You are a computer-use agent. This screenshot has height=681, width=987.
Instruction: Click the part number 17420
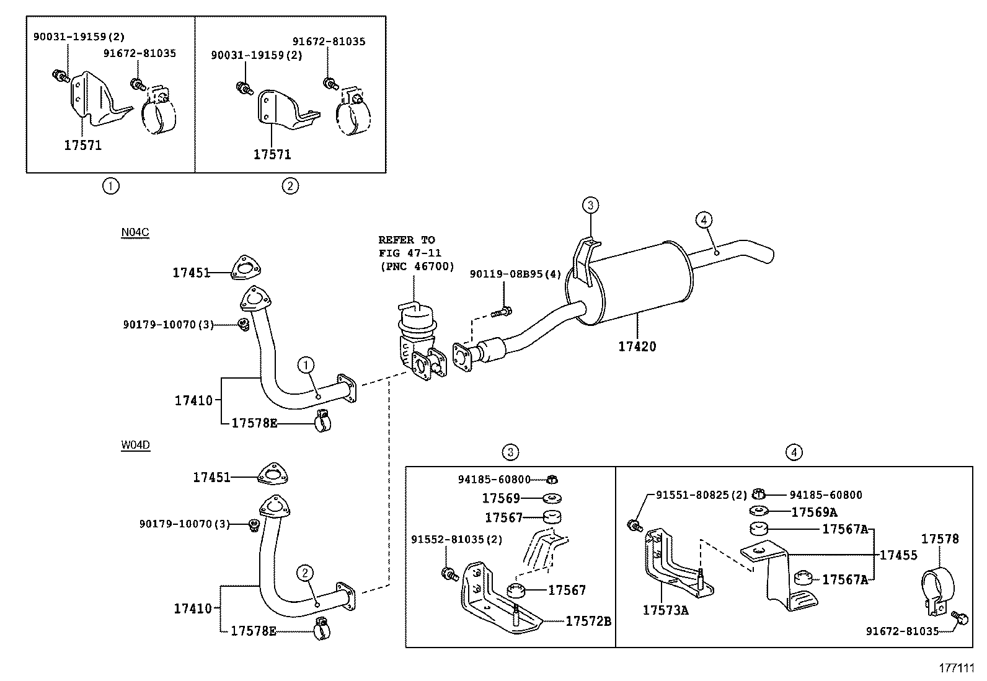pyautogui.click(x=637, y=346)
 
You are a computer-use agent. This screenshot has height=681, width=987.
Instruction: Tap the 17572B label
pyautogui.click(x=588, y=621)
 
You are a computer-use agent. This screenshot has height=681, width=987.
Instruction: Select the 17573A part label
pyautogui.click(x=665, y=610)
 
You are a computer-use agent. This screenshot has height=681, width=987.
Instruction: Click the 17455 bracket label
pyautogui.click(x=898, y=555)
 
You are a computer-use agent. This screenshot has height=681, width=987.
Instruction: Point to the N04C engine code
pyautogui.click(x=135, y=232)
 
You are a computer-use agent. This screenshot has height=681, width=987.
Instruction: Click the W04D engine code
pyautogui.click(x=135, y=445)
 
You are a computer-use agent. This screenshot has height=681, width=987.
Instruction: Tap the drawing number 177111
pyautogui.click(x=957, y=668)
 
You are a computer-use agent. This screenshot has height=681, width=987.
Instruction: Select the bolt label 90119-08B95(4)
pyautogui.click(x=515, y=273)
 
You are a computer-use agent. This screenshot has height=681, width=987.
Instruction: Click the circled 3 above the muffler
pyautogui.click(x=590, y=204)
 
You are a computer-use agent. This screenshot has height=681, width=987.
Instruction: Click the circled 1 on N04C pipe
pyautogui.click(x=306, y=365)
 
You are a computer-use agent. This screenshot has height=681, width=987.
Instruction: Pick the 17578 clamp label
pyautogui.click(x=939, y=539)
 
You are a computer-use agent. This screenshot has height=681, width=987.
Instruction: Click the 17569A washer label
pyautogui.click(x=814, y=512)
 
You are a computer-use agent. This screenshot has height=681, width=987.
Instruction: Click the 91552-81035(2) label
pyautogui.click(x=456, y=539)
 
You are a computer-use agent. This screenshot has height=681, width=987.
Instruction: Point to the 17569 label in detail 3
pyautogui.click(x=501, y=498)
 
